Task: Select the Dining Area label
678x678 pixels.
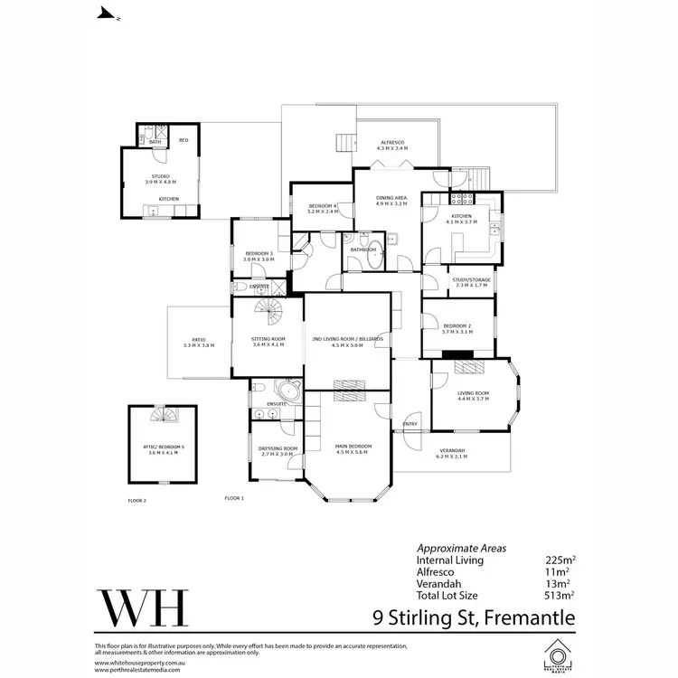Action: pyautogui.click(x=391, y=200)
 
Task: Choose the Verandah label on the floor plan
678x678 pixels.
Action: pyautogui.click(x=452, y=452)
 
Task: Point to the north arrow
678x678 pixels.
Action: pyautogui.click(x=107, y=14)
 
